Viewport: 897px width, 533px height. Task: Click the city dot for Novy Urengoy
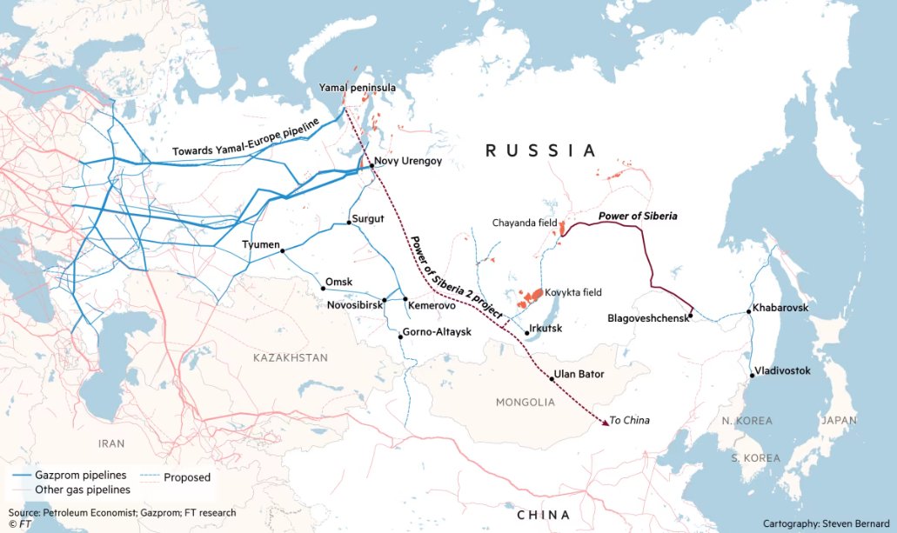coord(372,165)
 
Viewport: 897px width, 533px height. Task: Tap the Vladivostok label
coord(782,371)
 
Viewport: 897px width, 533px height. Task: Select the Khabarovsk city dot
coord(749,310)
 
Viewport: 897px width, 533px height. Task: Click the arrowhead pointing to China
coord(604,423)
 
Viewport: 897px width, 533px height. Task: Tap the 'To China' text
coord(630,421)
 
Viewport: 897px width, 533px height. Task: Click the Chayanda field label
coord(524,223)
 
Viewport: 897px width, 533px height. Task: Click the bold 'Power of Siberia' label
coord(638,215)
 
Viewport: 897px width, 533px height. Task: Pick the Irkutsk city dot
coord(526,333)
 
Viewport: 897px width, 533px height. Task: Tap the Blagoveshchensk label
coord(646,318)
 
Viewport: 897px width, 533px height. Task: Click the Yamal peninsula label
coord(358,89)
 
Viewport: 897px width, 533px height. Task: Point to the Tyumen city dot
coord(283,251)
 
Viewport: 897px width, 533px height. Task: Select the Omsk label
coord(338,283)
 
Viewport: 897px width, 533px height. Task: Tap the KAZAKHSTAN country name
coord(291,358)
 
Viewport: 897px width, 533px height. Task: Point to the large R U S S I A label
coord(541,151)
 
